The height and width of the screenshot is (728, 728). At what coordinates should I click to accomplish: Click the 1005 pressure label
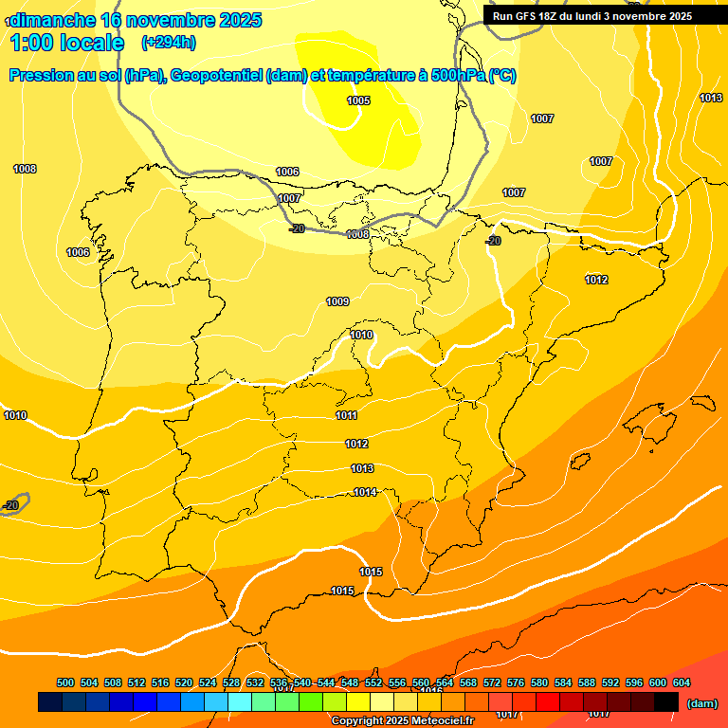click(x=358, y=100)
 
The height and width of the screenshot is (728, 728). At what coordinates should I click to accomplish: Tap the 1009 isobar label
click(x=337, y=301)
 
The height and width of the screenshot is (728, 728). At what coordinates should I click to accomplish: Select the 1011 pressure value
click(x=346, y=415)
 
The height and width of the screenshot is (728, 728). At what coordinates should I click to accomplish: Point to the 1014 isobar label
click(x=366, y=492)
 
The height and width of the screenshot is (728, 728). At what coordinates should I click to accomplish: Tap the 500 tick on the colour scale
click(x=65, y=682)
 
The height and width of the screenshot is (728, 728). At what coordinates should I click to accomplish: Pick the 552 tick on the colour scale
click(x=373, y=682)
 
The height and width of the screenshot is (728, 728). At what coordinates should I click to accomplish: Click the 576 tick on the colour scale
click(x=516, y=682)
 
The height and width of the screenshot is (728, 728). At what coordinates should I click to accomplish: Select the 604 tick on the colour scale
click(x=682, y=682)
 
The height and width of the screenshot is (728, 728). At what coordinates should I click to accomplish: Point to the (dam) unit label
click(x=701, y=703)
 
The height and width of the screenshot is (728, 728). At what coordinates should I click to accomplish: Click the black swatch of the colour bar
click(x=666, y=702)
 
